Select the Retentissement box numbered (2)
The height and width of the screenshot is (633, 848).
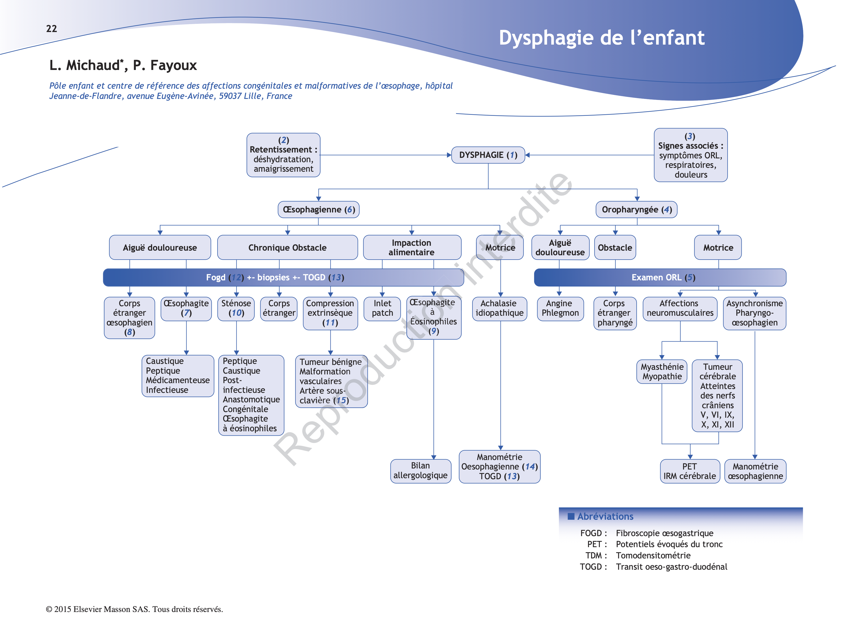pos(283,155)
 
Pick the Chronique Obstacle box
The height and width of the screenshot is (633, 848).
pos(287,248)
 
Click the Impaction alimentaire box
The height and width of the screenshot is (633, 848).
pos(411,248)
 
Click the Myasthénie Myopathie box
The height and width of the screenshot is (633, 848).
pos(661,371)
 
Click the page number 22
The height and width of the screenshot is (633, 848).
pos(51,29)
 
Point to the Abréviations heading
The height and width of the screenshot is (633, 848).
pos(605,516)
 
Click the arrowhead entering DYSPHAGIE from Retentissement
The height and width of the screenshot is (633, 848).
pos(449,155)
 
